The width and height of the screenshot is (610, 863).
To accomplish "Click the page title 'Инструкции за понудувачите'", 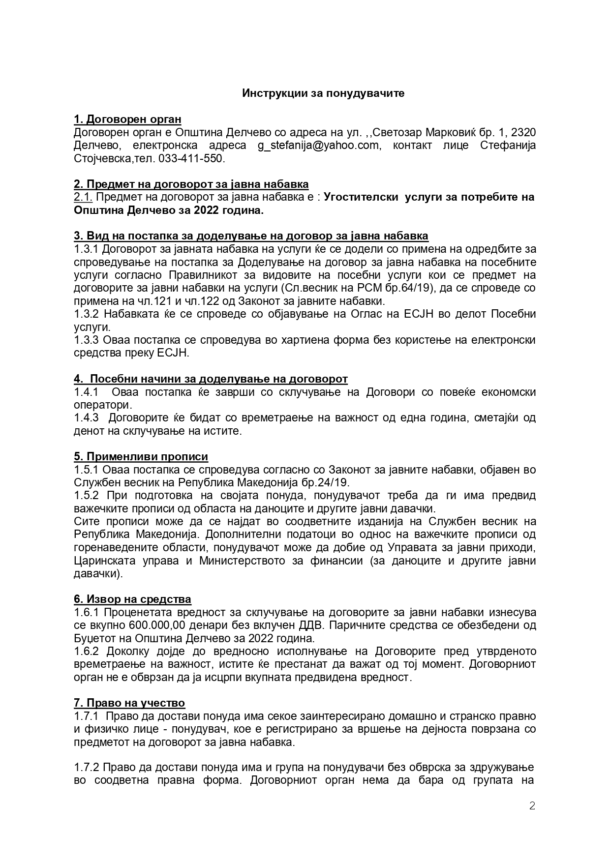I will click(x=323, y=93).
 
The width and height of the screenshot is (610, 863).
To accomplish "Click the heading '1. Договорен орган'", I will click(x=127, y=119).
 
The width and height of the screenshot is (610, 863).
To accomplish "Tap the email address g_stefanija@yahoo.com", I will click(x=318, y=146).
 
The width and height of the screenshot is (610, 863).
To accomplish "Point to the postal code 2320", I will click(x=523, y=133).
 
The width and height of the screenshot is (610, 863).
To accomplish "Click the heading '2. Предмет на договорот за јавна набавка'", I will click(x=191, y=184).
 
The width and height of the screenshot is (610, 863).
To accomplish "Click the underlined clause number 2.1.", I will click(x=83, y=197).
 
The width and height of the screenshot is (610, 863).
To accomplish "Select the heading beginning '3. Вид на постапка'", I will click(x=251, y=236).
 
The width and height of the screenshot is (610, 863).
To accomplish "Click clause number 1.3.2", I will click(x=87, y=314).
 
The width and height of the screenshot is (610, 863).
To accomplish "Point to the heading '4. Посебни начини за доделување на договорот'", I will click(x=211, y=379).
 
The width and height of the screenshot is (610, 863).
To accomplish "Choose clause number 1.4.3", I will click(x=87, y=418).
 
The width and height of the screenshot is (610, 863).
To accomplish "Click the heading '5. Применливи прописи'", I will click(x=141, y=457).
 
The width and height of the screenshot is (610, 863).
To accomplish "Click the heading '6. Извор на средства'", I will click(x=132, y=599).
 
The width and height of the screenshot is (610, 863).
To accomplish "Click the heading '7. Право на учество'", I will click(x=129, y=703).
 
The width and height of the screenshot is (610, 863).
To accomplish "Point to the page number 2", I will click(x=532, y=805).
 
